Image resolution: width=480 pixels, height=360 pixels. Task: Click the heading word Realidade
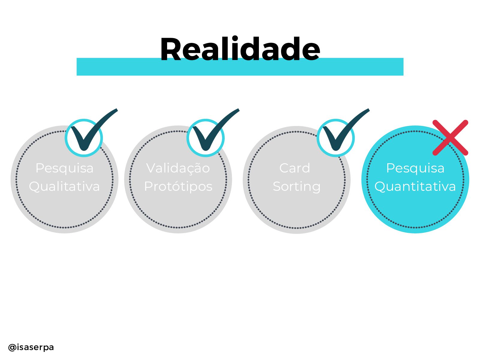(x=240, y=49)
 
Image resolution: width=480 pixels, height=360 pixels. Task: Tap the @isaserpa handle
(x=31, y=347)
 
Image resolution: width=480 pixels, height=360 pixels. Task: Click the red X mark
(x=450, y=138)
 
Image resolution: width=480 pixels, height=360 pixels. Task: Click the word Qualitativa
(x=64, y=186)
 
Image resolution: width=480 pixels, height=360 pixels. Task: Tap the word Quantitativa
(x=415, y=186)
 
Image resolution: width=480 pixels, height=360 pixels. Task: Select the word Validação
(x=178, y=168)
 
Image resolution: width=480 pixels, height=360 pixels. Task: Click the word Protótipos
(x=178, y=186)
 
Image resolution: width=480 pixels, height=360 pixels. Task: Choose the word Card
(x=295, y=168)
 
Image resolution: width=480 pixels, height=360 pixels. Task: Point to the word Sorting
(x=297, y=187)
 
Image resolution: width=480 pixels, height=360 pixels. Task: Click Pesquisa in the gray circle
(x=64, y=168)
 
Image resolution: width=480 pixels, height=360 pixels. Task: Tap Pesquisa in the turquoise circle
(x=415, y=168)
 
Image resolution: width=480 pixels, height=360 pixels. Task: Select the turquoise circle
(x=415, y=210)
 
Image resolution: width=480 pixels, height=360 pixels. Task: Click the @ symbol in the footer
(x=12, y=347)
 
